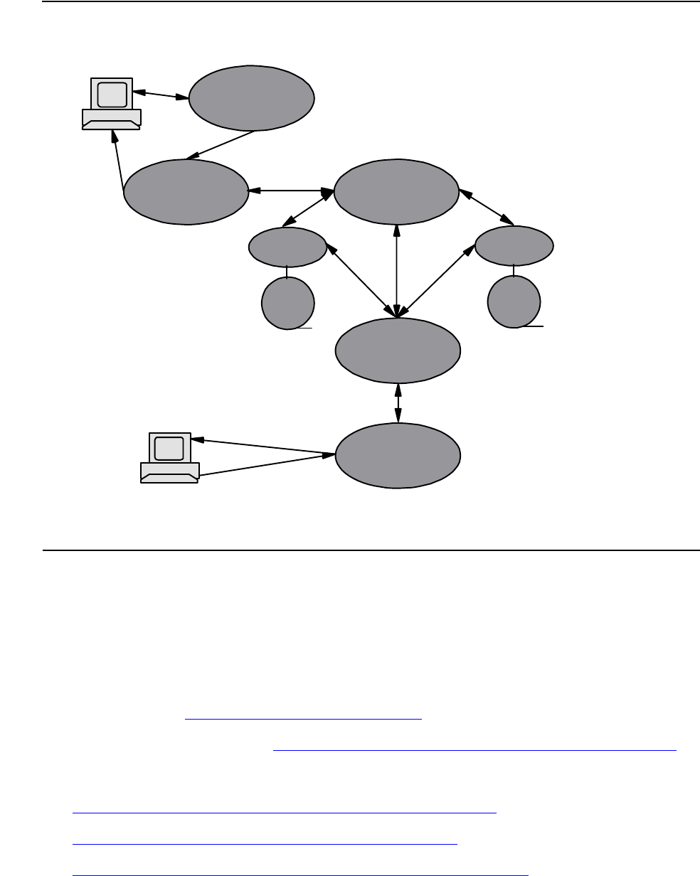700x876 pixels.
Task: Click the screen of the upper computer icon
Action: (112, 94)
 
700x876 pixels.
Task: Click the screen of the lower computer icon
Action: (169, 448)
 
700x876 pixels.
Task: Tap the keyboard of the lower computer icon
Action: (169, 472)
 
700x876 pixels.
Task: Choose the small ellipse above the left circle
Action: (287, 246)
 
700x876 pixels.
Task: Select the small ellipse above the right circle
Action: (514, 246)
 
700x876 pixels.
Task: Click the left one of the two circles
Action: (287, 302)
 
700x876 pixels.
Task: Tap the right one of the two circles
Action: (514, 302)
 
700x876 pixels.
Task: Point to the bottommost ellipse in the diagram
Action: (398, 455)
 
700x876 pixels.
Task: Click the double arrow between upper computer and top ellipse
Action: (161, 95)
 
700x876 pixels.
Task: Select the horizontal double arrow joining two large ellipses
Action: (291, 191)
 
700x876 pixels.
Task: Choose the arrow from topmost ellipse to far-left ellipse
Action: (221, 145)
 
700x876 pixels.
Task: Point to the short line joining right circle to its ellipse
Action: (514, 269)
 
